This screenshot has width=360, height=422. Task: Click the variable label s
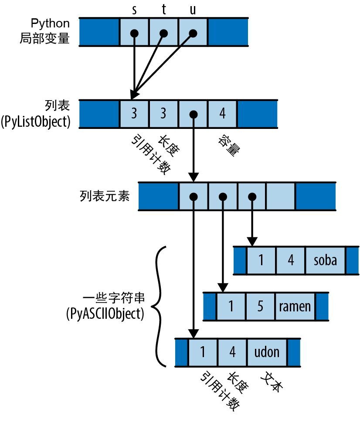(134, 10)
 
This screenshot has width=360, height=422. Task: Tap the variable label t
(163, 10)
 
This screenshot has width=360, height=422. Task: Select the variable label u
(193, 10)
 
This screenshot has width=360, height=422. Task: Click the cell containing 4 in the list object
(223, 114)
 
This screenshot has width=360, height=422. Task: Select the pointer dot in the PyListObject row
(193, 114)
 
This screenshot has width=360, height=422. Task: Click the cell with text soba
(326, 260)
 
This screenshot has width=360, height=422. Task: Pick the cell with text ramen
(295, 306)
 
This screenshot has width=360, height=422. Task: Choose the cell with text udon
(266, 351)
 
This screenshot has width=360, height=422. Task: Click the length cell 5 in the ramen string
(260, 306)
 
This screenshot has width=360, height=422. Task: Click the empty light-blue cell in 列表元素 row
(281, 196)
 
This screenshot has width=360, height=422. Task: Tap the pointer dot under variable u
(193, 33)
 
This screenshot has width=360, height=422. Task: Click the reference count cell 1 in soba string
(261, 260)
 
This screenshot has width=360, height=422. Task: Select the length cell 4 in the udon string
(232, 351)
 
